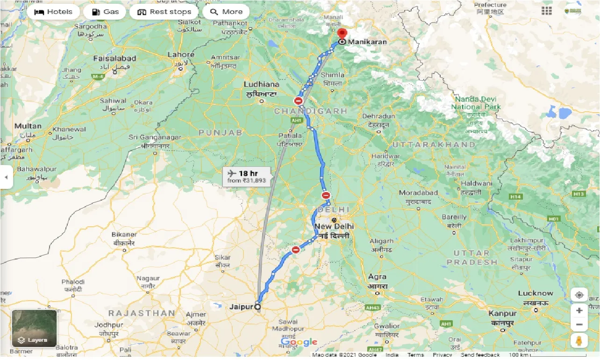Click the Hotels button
53,12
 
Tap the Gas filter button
105,12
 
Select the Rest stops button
164,12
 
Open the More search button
226,12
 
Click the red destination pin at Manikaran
342,34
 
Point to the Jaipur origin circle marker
257,307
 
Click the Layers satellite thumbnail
34,328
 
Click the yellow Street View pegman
579,341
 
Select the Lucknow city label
535,294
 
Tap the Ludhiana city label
261,85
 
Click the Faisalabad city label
114,58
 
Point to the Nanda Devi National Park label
476,103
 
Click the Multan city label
28,126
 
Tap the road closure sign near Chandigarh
299,101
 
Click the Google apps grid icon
546,10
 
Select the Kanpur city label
502,314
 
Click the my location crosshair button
579,295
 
